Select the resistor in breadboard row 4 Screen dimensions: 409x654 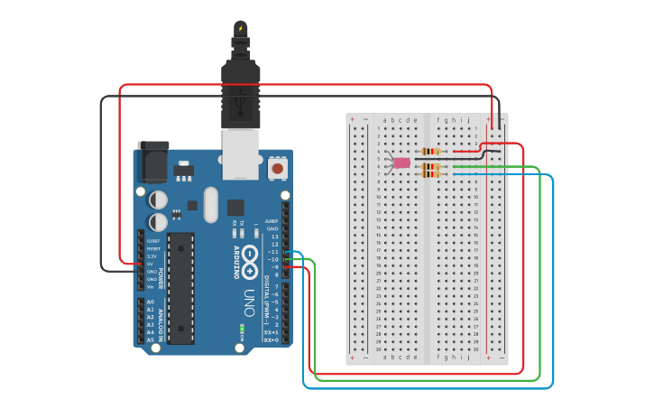tap(431, 151)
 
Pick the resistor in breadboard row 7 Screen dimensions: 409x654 tap(431, 173)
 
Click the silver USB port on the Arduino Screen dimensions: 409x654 tap(241, 151)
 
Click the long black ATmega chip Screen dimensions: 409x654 tap(180, 288)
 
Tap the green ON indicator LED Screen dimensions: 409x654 tap(242, 330)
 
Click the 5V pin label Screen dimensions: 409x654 tap(151, 263)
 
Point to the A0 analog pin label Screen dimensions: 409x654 tap(151, 302)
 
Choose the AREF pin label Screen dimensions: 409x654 tap(273, 220)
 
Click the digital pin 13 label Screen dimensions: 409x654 tap(274, 236)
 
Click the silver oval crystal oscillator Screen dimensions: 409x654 tap(211, 203)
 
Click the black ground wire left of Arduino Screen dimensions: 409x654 tap(101, 181)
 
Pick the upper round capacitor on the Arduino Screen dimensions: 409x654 tap(158, 198)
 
